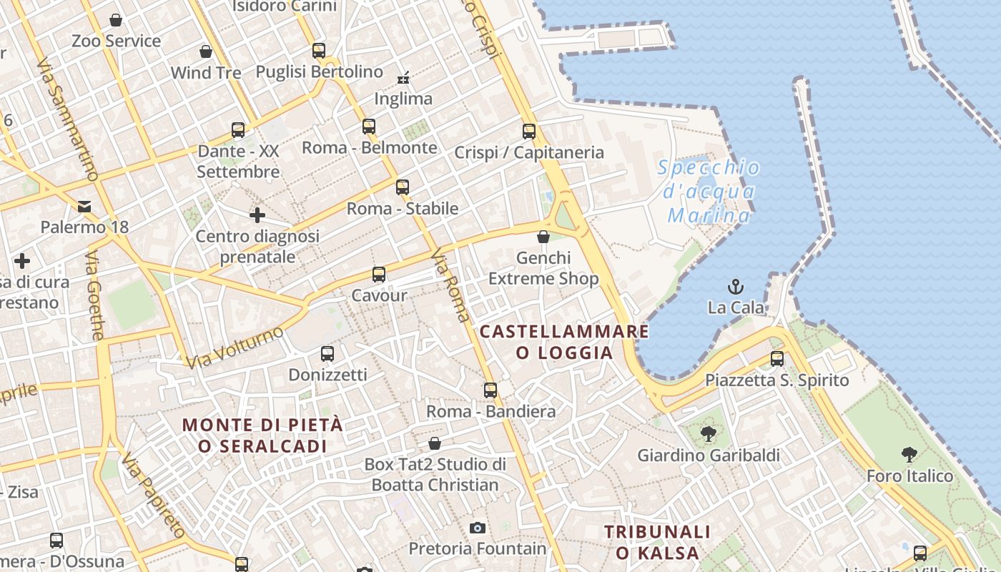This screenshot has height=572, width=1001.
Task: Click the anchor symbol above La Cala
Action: click(x=736, y=287)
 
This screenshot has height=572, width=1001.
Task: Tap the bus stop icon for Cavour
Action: click(x=379, y=274)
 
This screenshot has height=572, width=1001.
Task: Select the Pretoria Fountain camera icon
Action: click(x=478, y=528)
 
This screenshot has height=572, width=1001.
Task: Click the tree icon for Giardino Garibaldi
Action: click(x=709, y=433)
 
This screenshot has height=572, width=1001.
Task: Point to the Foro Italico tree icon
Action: click(x=909, y=454)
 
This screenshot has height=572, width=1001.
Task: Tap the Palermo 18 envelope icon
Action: click(x=84, y=207)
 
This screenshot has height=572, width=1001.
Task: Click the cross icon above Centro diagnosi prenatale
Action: click(x=257, y=214)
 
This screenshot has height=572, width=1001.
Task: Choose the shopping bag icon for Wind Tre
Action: click(x=206, y=51)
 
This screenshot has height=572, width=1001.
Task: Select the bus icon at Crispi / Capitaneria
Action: click(x=529, y=131)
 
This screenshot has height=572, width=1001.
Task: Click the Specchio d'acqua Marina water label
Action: click(x=708, y=192)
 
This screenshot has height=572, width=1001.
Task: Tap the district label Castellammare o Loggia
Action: click(x=564, y=342)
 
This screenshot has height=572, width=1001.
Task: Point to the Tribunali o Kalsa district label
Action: click(x=658, y=542)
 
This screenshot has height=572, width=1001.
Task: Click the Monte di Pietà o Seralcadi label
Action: click(x=262, y=435)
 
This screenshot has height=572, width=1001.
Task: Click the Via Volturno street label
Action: click(x=235, y=347)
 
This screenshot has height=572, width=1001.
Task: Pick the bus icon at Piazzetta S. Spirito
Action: click(x=777, y=358)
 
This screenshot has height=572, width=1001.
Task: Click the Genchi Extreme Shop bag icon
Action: click(x=543, y=236)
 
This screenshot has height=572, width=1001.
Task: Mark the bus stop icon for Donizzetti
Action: click(x=327, y=353)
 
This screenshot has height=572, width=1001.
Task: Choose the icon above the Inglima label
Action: click(x=403, y=77)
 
